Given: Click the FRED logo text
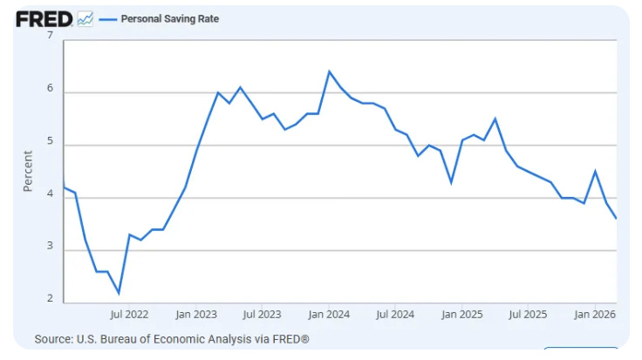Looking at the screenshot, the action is (44, 19).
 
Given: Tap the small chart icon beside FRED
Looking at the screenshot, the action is (85, 19).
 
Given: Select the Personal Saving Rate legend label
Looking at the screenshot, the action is (170, 19).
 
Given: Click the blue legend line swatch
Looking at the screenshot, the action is (108, 19).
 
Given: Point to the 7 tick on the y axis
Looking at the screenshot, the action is (50, 36).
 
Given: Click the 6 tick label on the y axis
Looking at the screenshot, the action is (50, 88).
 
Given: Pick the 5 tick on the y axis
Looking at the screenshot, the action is (50, 140).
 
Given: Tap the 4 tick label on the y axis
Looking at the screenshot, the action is (50, 194).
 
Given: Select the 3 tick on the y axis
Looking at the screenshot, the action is (50, 246).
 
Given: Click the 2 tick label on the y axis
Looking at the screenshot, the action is (50, 298).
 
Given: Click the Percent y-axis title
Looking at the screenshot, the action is (27, 171).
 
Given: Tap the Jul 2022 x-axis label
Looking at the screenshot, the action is (129, 315).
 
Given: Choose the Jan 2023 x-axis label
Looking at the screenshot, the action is (196, 315).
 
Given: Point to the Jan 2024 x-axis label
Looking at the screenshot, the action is (329, 315).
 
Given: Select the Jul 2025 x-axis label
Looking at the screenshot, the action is (528, 315).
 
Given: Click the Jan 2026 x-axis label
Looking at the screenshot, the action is (595, 315).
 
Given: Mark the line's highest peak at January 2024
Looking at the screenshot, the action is (329, 71).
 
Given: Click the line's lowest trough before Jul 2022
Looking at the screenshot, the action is (119, 293).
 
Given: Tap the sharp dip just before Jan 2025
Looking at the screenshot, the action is (451, 182).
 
